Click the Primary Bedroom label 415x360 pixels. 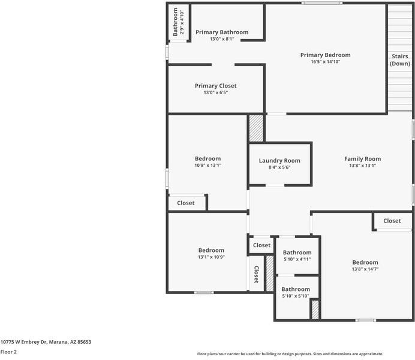[325, 55]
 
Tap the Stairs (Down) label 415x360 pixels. [400, 59]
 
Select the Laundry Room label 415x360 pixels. [279, 160]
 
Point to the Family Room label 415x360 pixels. [362, 159]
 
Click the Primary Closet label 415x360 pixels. [215, 86]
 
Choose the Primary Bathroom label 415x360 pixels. [221, 32]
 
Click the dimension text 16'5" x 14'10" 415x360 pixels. [325, 62]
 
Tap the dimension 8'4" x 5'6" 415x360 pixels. [279, 167]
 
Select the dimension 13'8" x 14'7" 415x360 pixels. [365, 269]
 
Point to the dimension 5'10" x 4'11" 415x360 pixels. [297, 259]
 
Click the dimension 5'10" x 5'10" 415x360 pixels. [295, 296]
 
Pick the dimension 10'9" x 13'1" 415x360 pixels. [207, 166]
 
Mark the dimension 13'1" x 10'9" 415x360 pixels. [211, 257]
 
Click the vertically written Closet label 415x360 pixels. [256, 274]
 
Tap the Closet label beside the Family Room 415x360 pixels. [392, 221]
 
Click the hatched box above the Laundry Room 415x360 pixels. [256, 128]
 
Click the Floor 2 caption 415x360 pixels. [8, 352]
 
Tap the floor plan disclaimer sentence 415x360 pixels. [290, 354]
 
